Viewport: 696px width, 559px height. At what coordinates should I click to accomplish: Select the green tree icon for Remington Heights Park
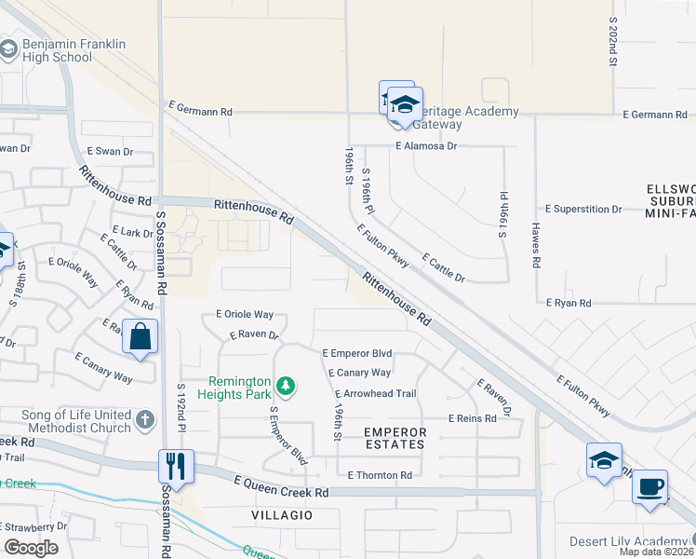point(288,385)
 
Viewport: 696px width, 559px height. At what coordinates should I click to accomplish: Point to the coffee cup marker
point(649,485)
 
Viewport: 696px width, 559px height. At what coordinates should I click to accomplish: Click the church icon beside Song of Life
point(144,420)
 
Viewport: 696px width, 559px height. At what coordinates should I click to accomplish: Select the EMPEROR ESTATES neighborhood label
point(395,438)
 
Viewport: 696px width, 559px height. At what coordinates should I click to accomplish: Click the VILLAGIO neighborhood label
point(281,514)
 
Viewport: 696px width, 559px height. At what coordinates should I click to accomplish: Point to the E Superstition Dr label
point(583,209)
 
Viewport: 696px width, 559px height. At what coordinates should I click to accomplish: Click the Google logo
point(31,548)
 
